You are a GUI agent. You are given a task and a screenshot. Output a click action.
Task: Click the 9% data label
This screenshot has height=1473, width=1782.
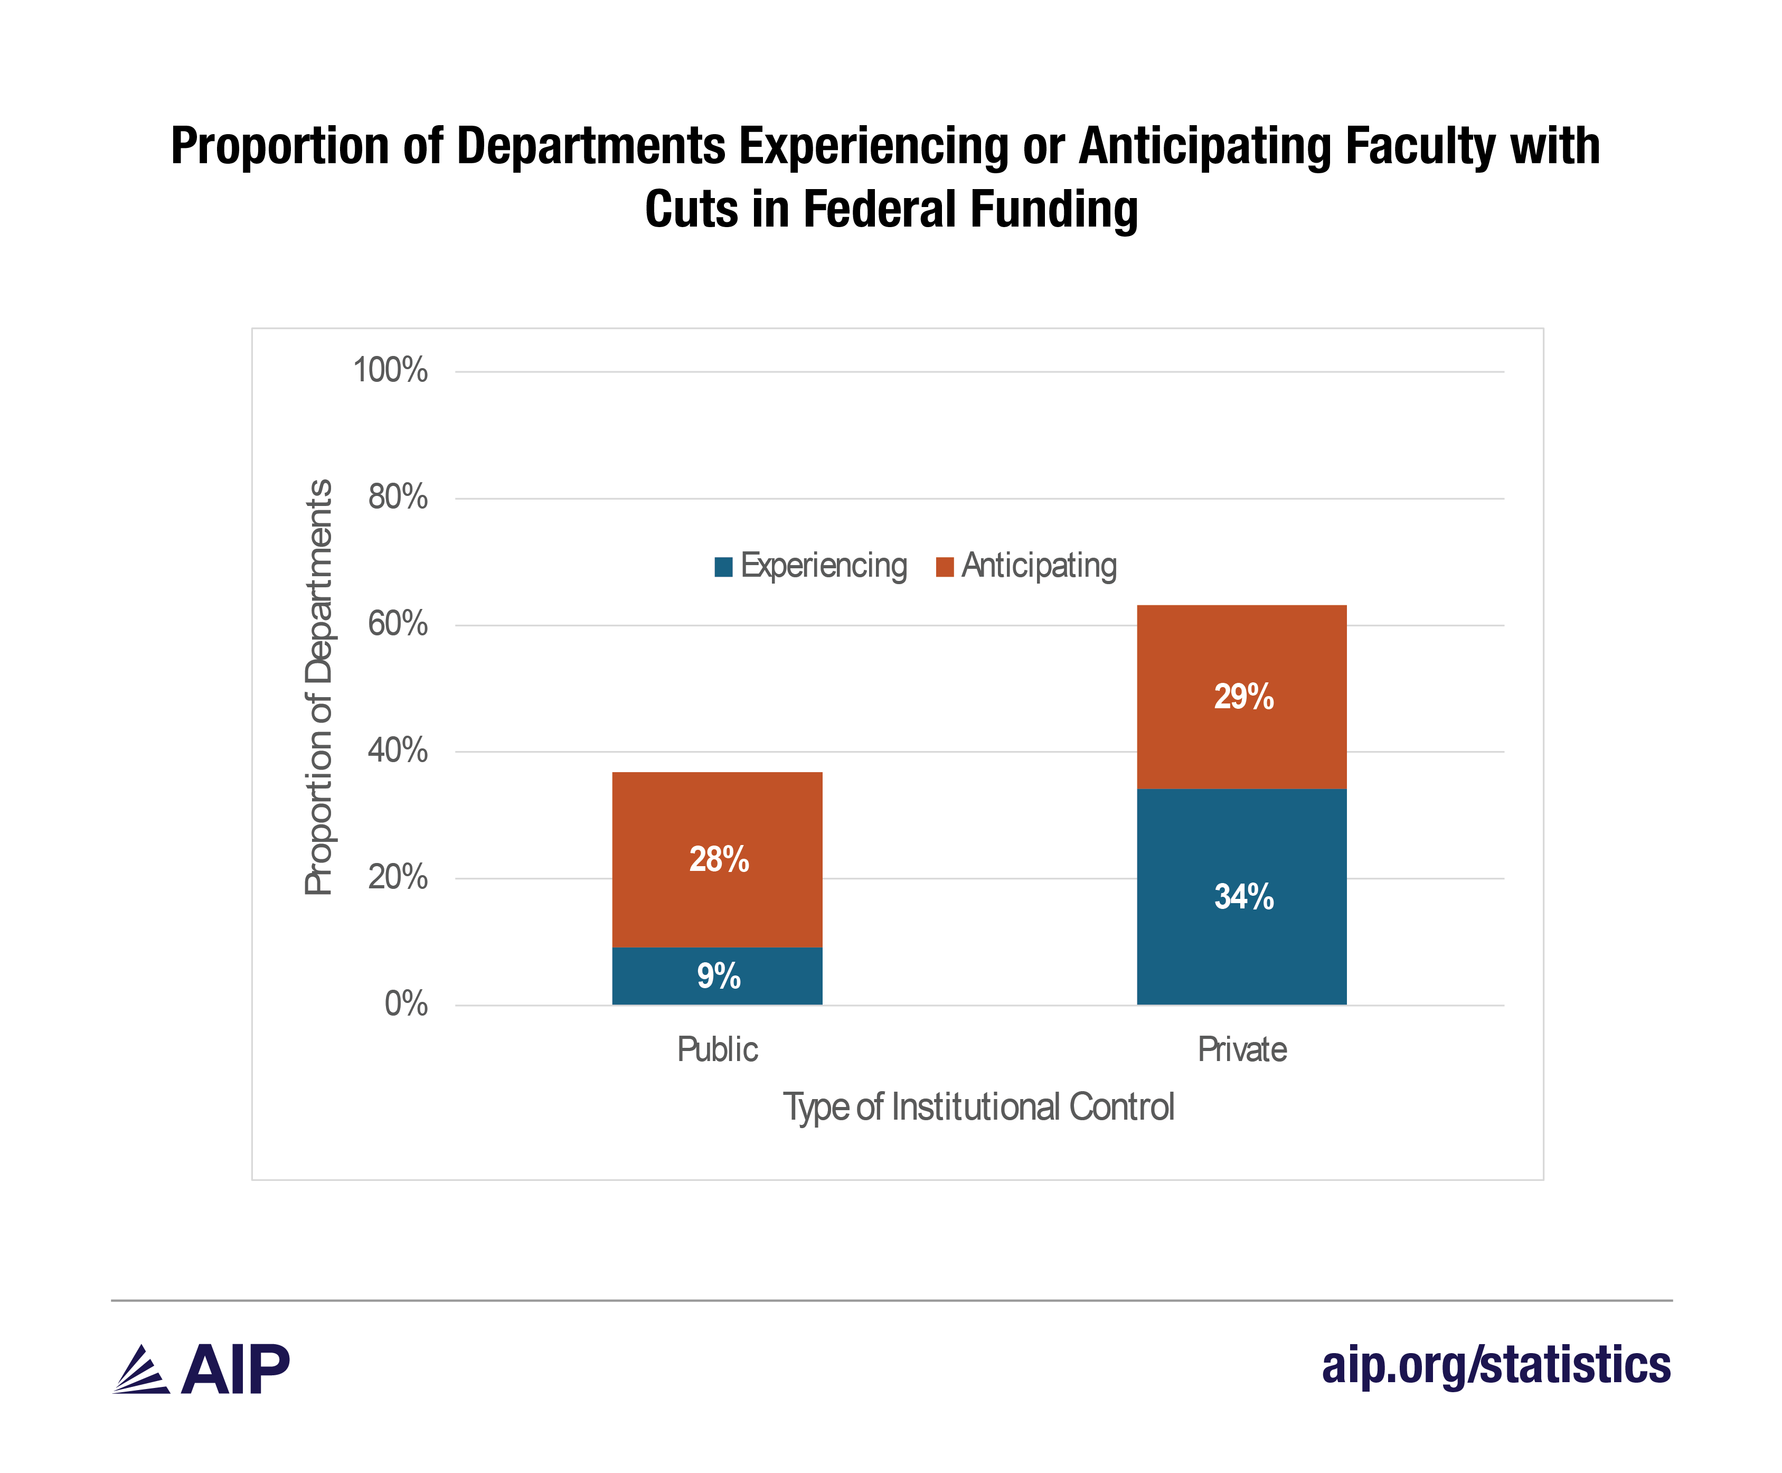(x=719, y=976)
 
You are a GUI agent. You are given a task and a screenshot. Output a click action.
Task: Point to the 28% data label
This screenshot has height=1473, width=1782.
(x=719, y=859)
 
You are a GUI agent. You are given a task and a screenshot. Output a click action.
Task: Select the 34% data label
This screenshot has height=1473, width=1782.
(x=1243, y=897)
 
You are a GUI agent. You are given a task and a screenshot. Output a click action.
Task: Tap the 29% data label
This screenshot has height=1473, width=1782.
(x=1243, y=697)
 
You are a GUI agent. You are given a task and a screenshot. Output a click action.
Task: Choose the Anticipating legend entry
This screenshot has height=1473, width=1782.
(x=1027, y=566)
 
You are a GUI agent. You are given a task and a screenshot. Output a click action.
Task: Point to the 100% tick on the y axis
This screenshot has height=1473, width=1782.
(x=390, y=371)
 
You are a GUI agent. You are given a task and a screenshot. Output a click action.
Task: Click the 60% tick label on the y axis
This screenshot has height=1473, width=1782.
(x=397, y=624)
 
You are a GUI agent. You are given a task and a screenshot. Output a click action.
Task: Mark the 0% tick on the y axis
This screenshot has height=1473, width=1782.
(x=406, y=1005)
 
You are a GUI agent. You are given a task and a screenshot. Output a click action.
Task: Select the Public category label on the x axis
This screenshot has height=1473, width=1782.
(x=716, y=1049)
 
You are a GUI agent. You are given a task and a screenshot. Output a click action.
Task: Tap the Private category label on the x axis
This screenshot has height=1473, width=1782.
(x=1242, y=1049)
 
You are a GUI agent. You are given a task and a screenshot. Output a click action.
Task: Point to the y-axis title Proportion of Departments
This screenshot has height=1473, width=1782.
(x=319, y=687)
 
